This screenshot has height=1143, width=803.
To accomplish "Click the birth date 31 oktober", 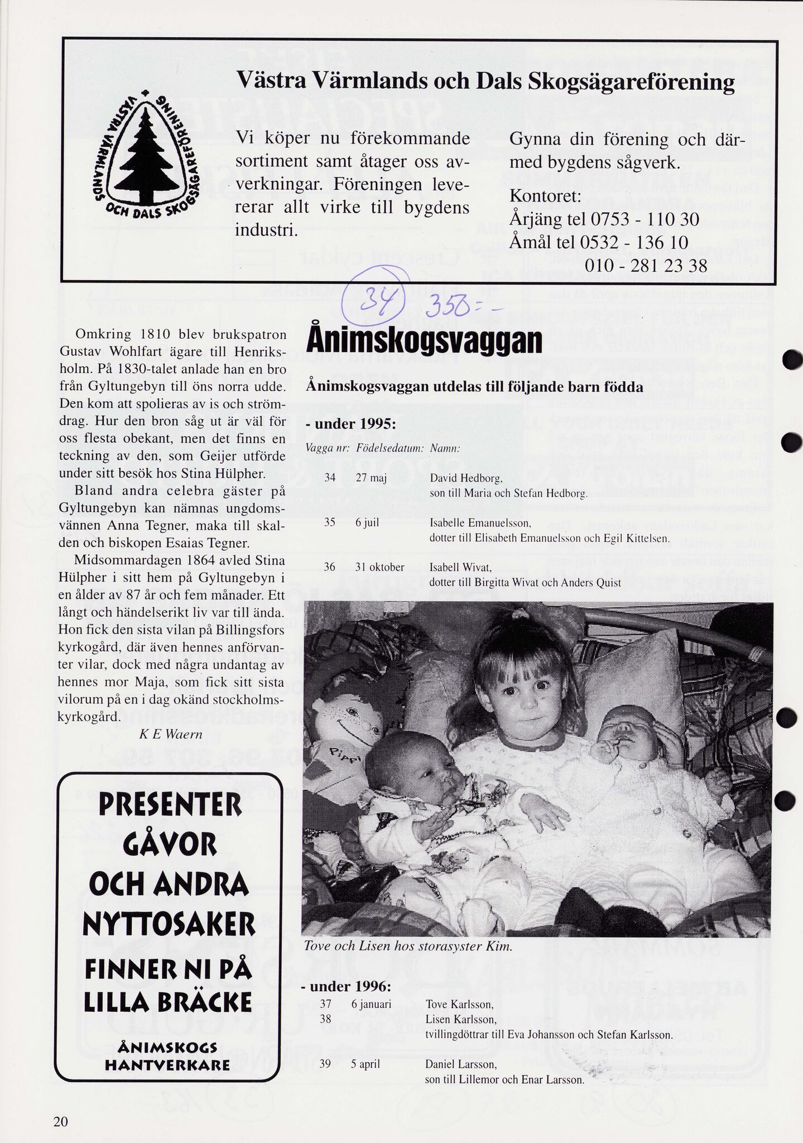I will (379, 568).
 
